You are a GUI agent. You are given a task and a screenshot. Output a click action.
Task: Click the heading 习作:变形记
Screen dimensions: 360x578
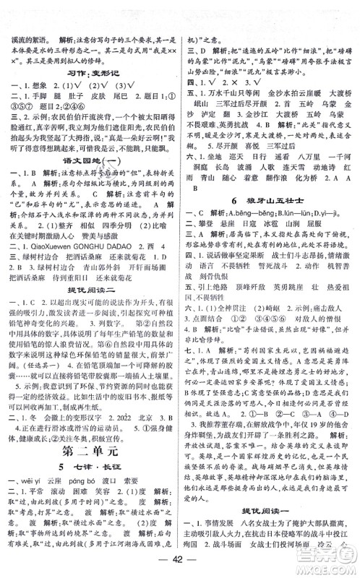coord(90,78)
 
